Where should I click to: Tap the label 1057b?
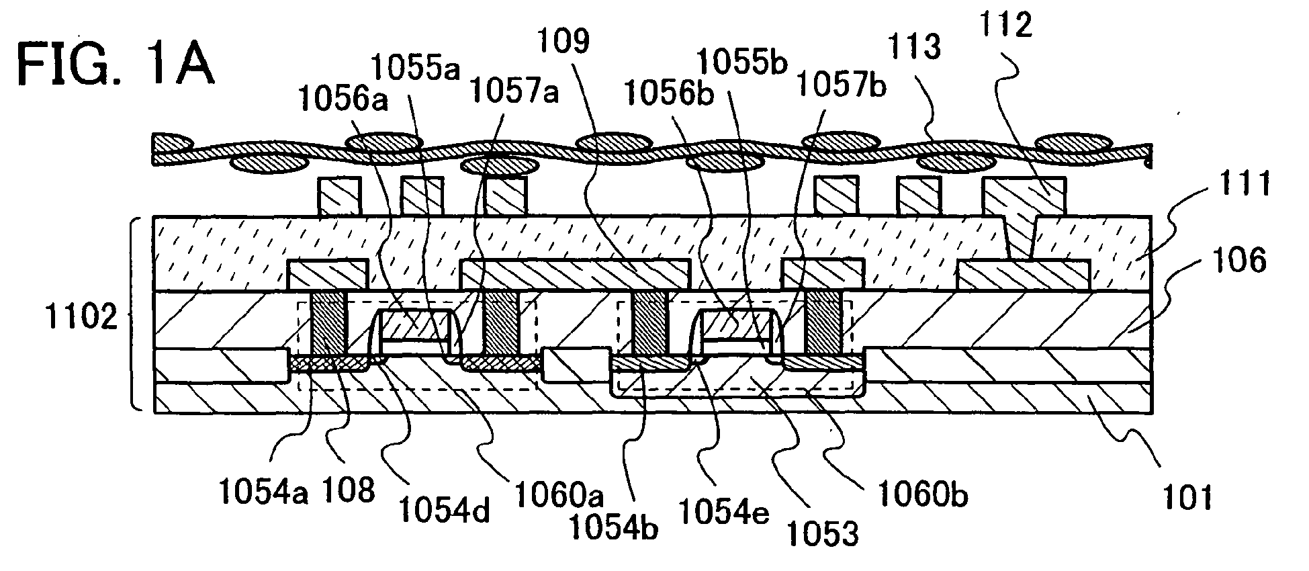tap(840, 85)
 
